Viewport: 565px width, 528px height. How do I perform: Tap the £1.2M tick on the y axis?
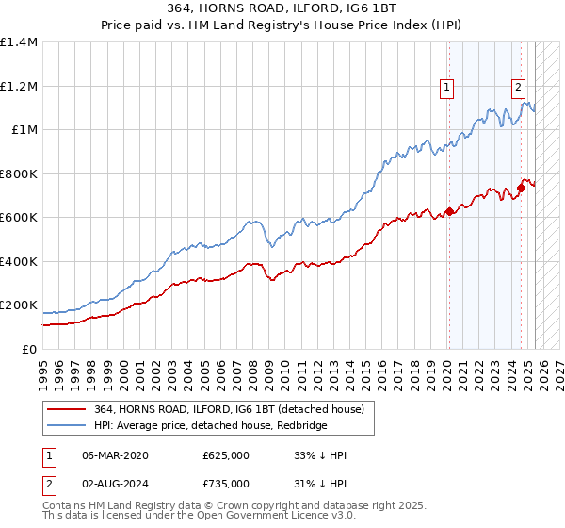(x=19, y=86)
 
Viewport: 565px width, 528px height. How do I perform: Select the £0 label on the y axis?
(x=30, y=350)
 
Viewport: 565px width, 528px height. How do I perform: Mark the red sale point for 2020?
(x=449, y=211)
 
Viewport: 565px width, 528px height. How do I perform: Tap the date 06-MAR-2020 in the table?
(x=114, y=455)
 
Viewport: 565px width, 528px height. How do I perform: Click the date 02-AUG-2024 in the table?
(x=115, y=484)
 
